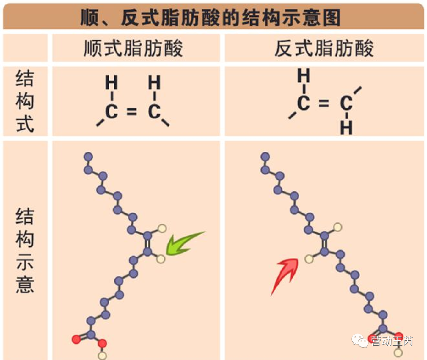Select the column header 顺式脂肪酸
pos(134,49)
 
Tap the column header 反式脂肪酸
pos(324,49)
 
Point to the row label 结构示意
pos(25,250)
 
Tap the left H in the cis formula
pos(111,83)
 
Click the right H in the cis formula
pos(154,83)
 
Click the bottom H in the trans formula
pos(346,128)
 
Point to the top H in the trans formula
pos(304,75)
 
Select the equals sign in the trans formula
pos(324,104)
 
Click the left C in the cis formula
pos(111,112)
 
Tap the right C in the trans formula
pos(346,104)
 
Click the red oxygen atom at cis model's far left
pos(76,339)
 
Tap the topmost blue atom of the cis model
pos(88,156)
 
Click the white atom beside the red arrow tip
pos(309,259)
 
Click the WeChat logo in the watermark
pos(361,340)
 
